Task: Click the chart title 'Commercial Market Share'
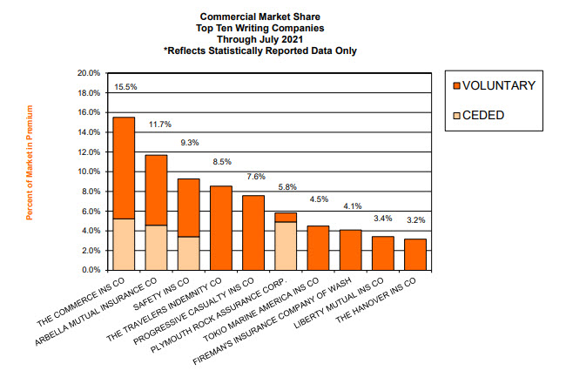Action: tap(260, 16)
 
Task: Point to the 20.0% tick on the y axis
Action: tap(89, 73)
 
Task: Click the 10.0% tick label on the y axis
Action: tap(89, 172)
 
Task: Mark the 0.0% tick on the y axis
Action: tap(91, 270)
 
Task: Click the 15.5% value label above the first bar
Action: tap(125, 87)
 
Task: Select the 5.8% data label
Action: tap(286, 187)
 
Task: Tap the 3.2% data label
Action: tap(415, 220)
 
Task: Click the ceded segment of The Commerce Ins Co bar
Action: tap(124, 244)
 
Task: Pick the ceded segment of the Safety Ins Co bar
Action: tap(189, 253)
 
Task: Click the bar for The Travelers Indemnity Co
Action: tap(221, 228)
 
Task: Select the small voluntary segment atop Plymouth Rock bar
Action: tap(286, 217)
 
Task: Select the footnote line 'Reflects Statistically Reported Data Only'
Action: tap(260, 50)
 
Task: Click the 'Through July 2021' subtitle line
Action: tap(260, 39)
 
